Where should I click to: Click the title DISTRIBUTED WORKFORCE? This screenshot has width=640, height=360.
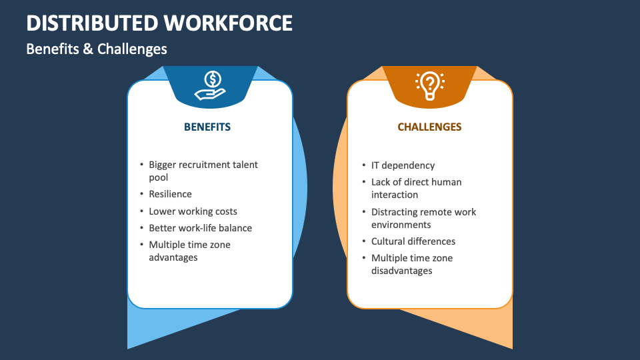tap(159, 23)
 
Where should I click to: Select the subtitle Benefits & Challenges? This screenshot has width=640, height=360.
tap(97, 49)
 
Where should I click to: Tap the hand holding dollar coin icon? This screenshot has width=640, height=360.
tap(210, 86)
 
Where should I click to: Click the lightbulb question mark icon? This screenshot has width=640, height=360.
tap(430, 85)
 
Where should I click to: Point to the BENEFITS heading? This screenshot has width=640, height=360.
tap(207, 127)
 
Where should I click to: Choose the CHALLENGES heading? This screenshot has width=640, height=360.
tap(429, 127)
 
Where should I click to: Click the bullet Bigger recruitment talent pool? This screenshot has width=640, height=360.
tap(203, 171)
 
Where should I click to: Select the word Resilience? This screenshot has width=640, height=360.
tap(170, 194)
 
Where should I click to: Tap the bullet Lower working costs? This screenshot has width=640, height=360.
tap(193, 211)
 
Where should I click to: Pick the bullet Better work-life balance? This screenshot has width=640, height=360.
tap(200, 228)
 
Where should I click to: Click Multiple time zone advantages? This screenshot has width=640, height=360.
tap(189, 251)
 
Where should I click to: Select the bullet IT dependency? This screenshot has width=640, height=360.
tap(403, 165)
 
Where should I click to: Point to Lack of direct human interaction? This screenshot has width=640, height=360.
tap(416, 188)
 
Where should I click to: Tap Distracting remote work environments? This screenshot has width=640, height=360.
tap(423, 218)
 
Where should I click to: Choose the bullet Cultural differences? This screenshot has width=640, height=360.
tap(413, 241)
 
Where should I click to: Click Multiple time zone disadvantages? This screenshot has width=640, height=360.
tap(412, 264)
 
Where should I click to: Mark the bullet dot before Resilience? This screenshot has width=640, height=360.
tap(141, 194)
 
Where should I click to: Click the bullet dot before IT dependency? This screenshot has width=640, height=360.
tap(364, 165)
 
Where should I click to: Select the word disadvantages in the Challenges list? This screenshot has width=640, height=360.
tap(401, 271)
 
